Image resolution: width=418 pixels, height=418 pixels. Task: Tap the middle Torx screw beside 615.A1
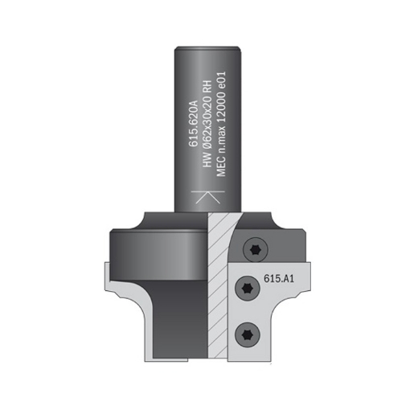[x=247, y=286]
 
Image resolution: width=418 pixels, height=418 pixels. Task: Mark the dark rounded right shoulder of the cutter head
[x=273, y=221]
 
